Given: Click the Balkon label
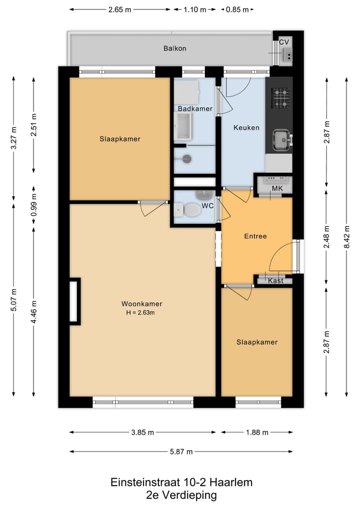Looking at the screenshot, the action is (175, 48).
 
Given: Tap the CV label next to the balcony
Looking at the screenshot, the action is (284, 42).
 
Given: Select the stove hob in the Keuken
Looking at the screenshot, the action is (280, 98).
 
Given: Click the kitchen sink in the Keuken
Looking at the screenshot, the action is (281, 140).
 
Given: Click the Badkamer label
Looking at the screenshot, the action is (195, 108).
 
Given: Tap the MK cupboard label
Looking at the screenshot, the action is (277, 188).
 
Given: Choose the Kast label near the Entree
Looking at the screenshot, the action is (275, 281).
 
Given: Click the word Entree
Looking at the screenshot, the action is (255, 236).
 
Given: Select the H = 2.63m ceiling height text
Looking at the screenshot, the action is (140, 313).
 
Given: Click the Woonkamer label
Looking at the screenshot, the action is (141, 304).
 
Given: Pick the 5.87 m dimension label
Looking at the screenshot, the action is (181, 451).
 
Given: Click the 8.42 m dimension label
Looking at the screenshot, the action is (346, 237).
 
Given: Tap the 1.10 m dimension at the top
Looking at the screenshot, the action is (195, 9).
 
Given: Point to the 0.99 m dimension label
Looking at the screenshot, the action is (33, 205).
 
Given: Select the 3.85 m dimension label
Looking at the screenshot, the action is (142, 432).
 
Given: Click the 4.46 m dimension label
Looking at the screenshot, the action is (33, 312).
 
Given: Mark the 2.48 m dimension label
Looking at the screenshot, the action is (326, 237).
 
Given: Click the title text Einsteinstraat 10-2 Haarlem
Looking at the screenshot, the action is (181, 482).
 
